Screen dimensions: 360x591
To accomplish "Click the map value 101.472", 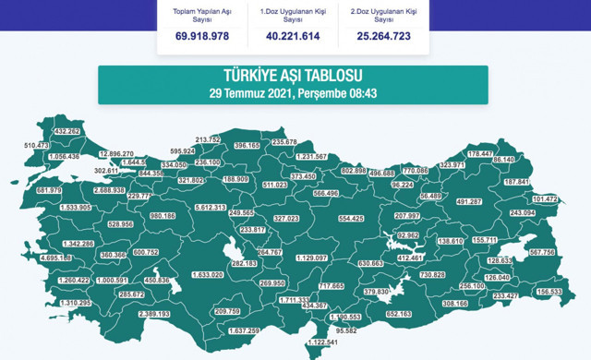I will point(545,198).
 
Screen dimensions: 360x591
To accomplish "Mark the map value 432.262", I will point(68,132).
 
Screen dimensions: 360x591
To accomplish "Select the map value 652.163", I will point(398,314).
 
